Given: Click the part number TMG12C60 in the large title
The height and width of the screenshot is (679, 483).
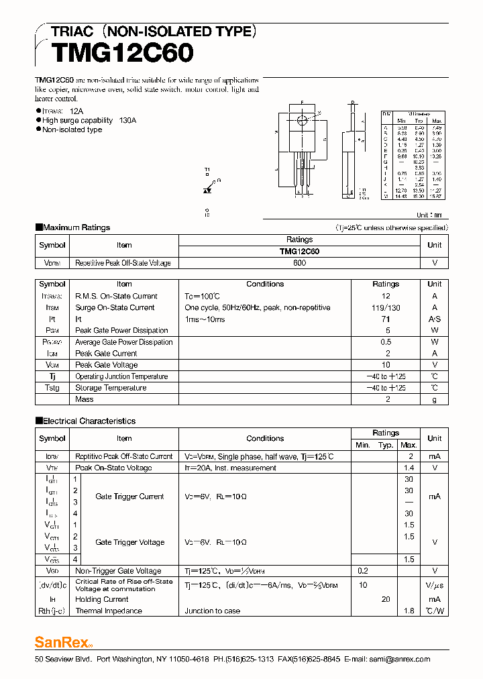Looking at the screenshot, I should (122, 52).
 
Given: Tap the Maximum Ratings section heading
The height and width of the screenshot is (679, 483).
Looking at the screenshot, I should (76, 227).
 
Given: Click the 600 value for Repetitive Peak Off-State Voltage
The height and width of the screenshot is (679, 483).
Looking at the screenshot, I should (299, 263).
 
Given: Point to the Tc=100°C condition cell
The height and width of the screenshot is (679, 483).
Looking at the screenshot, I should (203, 296).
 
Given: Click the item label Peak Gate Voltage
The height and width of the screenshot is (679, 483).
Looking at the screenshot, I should (106, 364).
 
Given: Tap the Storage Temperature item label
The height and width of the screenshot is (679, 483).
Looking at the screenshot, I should (111, 388).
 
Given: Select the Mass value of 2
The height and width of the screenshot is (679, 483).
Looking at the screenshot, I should (387, 399).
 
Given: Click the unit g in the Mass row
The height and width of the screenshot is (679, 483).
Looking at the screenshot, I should (434, 399).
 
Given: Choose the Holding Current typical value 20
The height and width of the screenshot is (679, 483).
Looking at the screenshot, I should (386, 599).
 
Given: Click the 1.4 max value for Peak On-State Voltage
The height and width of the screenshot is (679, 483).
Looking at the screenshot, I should (409, 468).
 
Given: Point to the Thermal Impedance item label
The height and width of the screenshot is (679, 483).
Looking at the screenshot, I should (109, 611).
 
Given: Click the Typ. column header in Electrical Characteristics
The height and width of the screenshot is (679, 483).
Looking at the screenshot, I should (386, 445).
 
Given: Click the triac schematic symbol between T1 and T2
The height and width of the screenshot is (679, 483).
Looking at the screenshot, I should (208, 191).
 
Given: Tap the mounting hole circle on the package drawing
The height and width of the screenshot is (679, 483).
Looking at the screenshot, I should (302, 120).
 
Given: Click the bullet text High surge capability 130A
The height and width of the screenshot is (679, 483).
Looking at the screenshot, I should (89, 120).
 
